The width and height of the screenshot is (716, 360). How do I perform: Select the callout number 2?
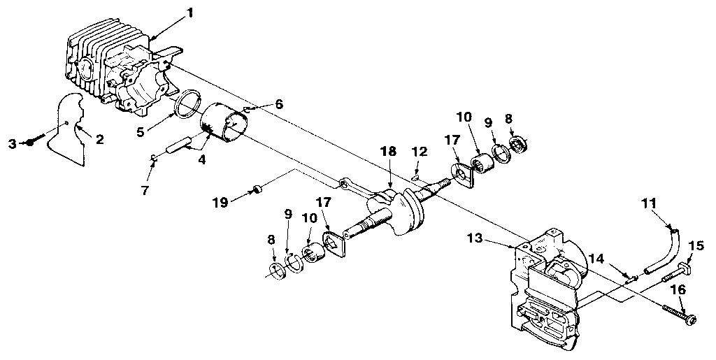99,139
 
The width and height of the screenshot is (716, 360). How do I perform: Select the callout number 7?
144,190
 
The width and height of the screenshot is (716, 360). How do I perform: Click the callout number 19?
221,203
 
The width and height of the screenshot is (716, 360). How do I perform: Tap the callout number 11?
649,203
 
